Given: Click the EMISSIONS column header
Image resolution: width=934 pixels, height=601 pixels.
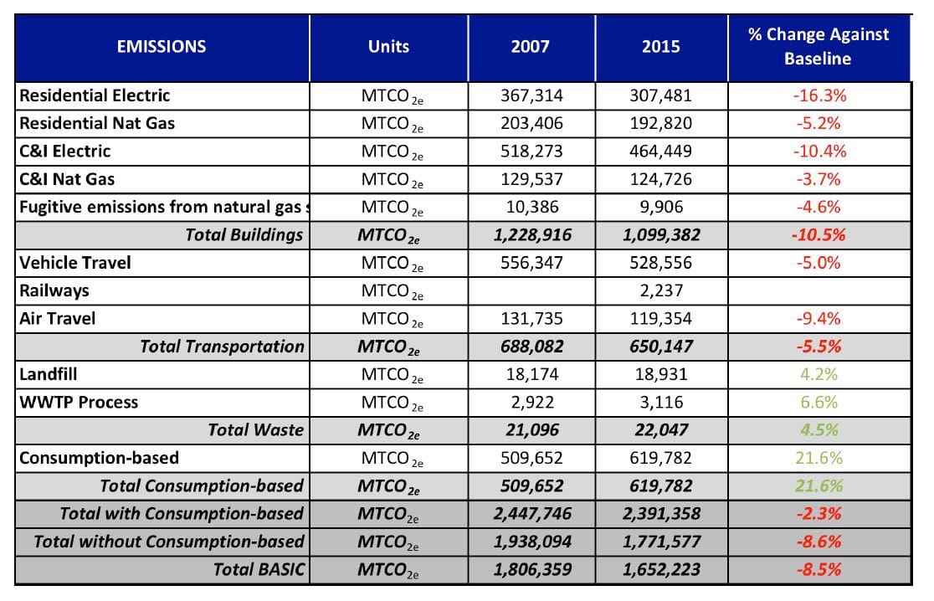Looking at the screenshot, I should tap(162, 46).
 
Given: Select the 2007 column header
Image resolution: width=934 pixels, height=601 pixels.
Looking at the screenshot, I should tap(530, 46).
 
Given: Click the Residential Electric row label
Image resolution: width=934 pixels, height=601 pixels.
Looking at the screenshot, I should tap(95, 95).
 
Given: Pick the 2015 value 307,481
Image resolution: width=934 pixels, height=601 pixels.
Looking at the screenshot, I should tap(660, 95).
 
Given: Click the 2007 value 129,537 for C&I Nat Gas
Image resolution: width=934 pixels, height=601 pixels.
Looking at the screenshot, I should tap(530, 179).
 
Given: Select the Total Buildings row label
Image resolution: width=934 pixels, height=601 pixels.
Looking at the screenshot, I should tap(244, 234).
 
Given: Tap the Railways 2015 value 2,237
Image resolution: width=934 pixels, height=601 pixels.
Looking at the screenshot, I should tap(660, 290).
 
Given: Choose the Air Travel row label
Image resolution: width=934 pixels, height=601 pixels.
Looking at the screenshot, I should tap(58, 318).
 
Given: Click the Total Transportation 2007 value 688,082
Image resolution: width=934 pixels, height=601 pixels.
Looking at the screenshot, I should tap(530, 347).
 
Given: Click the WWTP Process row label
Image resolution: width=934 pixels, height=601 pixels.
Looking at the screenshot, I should tap(79, 402).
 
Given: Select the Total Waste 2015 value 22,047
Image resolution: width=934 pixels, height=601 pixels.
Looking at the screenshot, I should tap(660, 430).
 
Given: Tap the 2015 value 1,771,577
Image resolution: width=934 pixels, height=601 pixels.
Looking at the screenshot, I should tap(660, 542).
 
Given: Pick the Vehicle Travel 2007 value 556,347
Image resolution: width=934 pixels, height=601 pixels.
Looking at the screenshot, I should tap(530, 263).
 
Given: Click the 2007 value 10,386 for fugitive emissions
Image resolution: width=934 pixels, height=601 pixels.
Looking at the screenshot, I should tap(530, 207).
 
